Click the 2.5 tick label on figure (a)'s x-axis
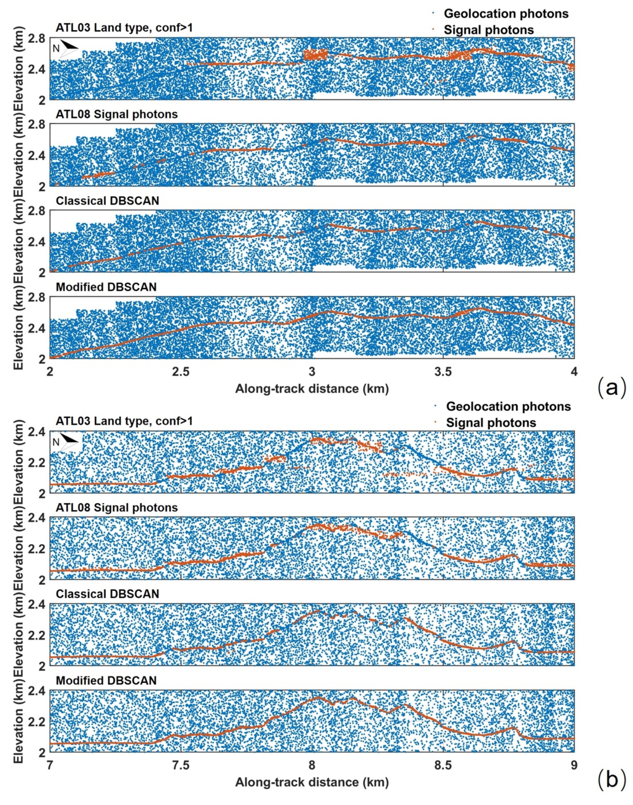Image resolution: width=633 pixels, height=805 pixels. point(181,372)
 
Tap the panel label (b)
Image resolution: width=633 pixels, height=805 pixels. point(612,780)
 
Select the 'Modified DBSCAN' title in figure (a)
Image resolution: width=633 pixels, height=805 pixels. point(106,287)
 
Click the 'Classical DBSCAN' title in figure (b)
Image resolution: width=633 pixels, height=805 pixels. point(108,594)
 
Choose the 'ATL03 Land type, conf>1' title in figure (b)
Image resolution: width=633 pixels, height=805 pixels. point(124,421)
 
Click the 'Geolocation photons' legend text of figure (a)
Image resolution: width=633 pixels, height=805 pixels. point(506,14)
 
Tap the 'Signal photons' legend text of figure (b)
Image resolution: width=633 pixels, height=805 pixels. point(491,423)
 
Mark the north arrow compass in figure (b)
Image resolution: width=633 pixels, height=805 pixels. point(67,441)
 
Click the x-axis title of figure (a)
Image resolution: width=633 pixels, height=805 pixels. point(312,389)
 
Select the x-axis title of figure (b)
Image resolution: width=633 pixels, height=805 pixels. point(312,782)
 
